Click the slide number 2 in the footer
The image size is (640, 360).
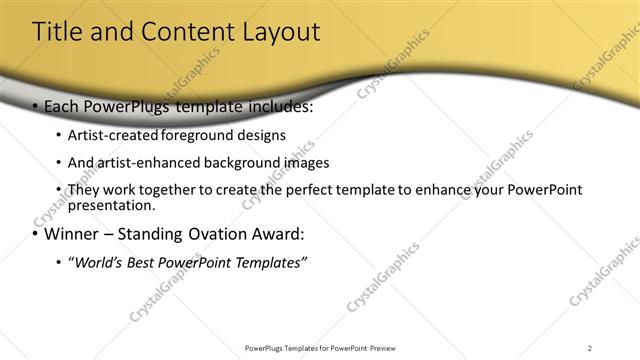(x=590, y=347)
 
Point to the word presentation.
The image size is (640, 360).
(x=110, y=205)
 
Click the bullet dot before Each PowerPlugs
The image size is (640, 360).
(x=36, y=107)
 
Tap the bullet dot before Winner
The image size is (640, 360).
(x=36, y=236)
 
